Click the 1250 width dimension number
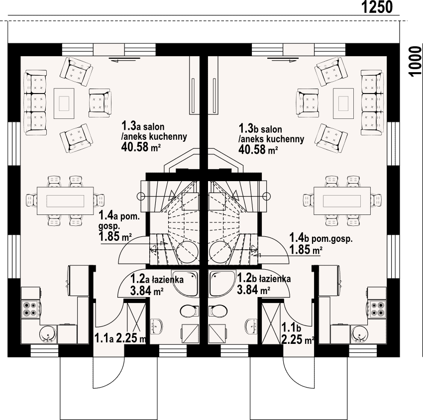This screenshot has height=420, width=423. pyautogui.click(x=377, y=7)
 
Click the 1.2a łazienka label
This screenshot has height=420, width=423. pyautogui.click(x=157, y=279)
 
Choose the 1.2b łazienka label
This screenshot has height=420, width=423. pyautogui.click(x=264, y=278)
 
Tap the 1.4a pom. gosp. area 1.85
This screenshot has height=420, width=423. pyautogui.click(x=109, y=236)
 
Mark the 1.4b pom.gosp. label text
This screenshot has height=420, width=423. pyautogui.click(x=321, y=238)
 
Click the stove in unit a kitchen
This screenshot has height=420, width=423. pyautogui.click(x=30, y=309)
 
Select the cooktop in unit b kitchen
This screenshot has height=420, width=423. pyautogui.click(x=377, y=309)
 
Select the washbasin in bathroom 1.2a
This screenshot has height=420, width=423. pyautogui.click(x=156, y=326)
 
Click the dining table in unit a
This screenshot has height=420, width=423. pyautogui.click(x=65, y=201)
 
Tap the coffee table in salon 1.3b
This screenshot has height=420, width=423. pyautogui.click(x=343, y=104)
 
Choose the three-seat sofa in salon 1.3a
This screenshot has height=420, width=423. pyautogui.click(x=35, y=103)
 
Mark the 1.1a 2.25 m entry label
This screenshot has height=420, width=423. pyautogui.click(x=120, y=338)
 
